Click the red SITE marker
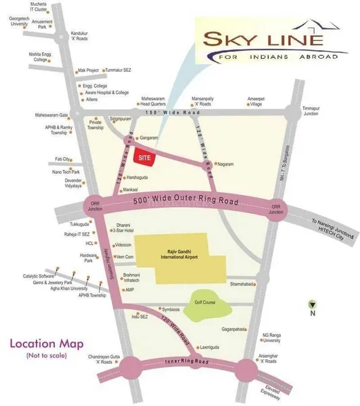tap(143, 156)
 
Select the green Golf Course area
tap(204, 303)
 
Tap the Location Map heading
tap(41, 343)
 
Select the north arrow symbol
tap(312, 304)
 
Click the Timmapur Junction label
tap(311, 111)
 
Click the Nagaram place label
tap(225, 164)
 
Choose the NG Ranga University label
tap(275, 338)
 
